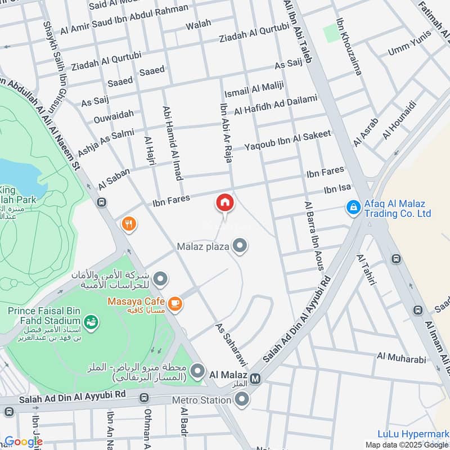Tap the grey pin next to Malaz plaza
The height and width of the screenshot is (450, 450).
(x=240, y=246)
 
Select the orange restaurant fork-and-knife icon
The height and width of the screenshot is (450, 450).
(x=129, y=224)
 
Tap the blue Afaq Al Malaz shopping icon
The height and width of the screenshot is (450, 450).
(x=353, y=208)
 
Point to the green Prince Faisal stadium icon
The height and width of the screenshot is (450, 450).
(x=90, y=322)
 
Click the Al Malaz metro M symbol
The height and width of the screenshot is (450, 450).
(x=256, y=379)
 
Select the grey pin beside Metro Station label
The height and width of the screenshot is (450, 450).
(x=242, y=400)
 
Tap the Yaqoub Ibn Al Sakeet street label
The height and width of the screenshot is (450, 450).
(x=287, y=141)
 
